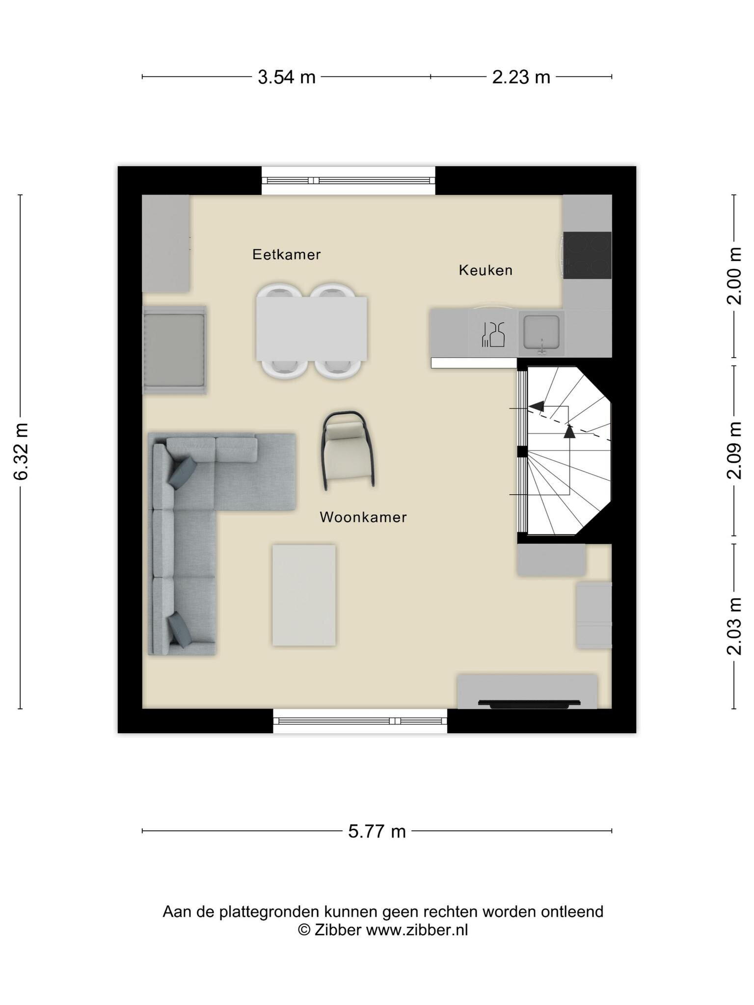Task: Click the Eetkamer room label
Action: click(x=286, y=254)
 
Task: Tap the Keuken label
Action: click(x=485, y=270)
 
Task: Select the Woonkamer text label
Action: click(x=363, y=517)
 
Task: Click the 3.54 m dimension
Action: click(x=287, y=77)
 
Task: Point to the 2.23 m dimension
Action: click(x=521, y=77)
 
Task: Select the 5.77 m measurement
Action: click(x=377, y=831)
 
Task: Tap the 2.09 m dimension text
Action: click(x=734, y=450)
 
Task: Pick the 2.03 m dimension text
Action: click(x=734, y=626)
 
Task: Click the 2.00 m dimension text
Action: click(x=734, y=276)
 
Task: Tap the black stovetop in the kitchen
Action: click(x=587, y=255)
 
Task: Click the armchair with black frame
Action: click(x=348, y=450)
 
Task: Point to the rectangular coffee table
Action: click(x=304, y=595)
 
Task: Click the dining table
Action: click(x=311, y=328)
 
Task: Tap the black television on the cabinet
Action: click(x=529, y=704)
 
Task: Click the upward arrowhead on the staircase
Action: click(x=569, y=431)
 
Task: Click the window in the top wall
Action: click(x=349, y=181)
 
